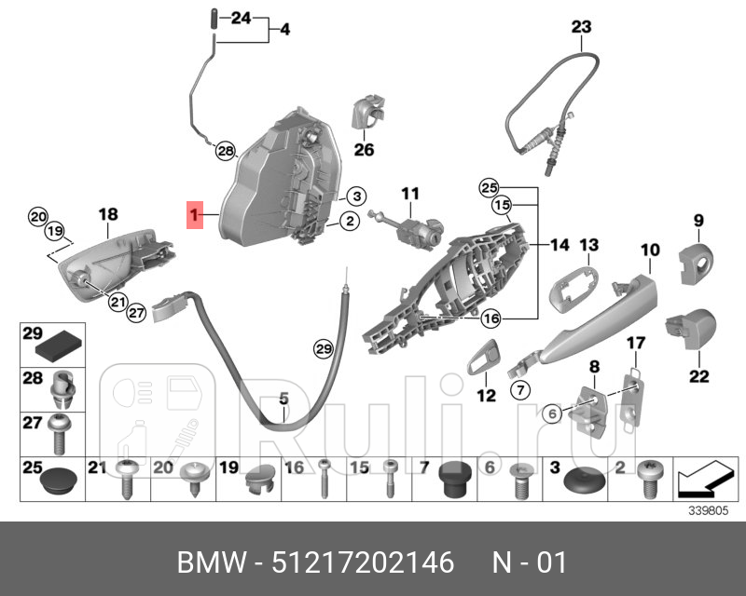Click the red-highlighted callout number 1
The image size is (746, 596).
[x=194, y=217]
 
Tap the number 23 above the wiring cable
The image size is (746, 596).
[x=581, y=28]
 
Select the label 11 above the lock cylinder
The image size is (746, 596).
[x=411, y=194]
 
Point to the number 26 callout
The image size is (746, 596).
[x=364, y=149]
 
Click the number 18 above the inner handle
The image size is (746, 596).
[x=109, y=215]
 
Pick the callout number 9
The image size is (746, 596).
[x=697, y=221]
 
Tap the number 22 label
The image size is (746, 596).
[x=698, y=377]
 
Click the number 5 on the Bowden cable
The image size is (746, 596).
[x=284, y=400]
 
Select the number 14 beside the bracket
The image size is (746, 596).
[x=559, y=245]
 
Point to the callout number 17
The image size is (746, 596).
[x=634, y=344]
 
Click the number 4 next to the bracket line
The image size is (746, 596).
[x=284, y=30]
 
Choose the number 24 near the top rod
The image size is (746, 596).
[x=241, y=18]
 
